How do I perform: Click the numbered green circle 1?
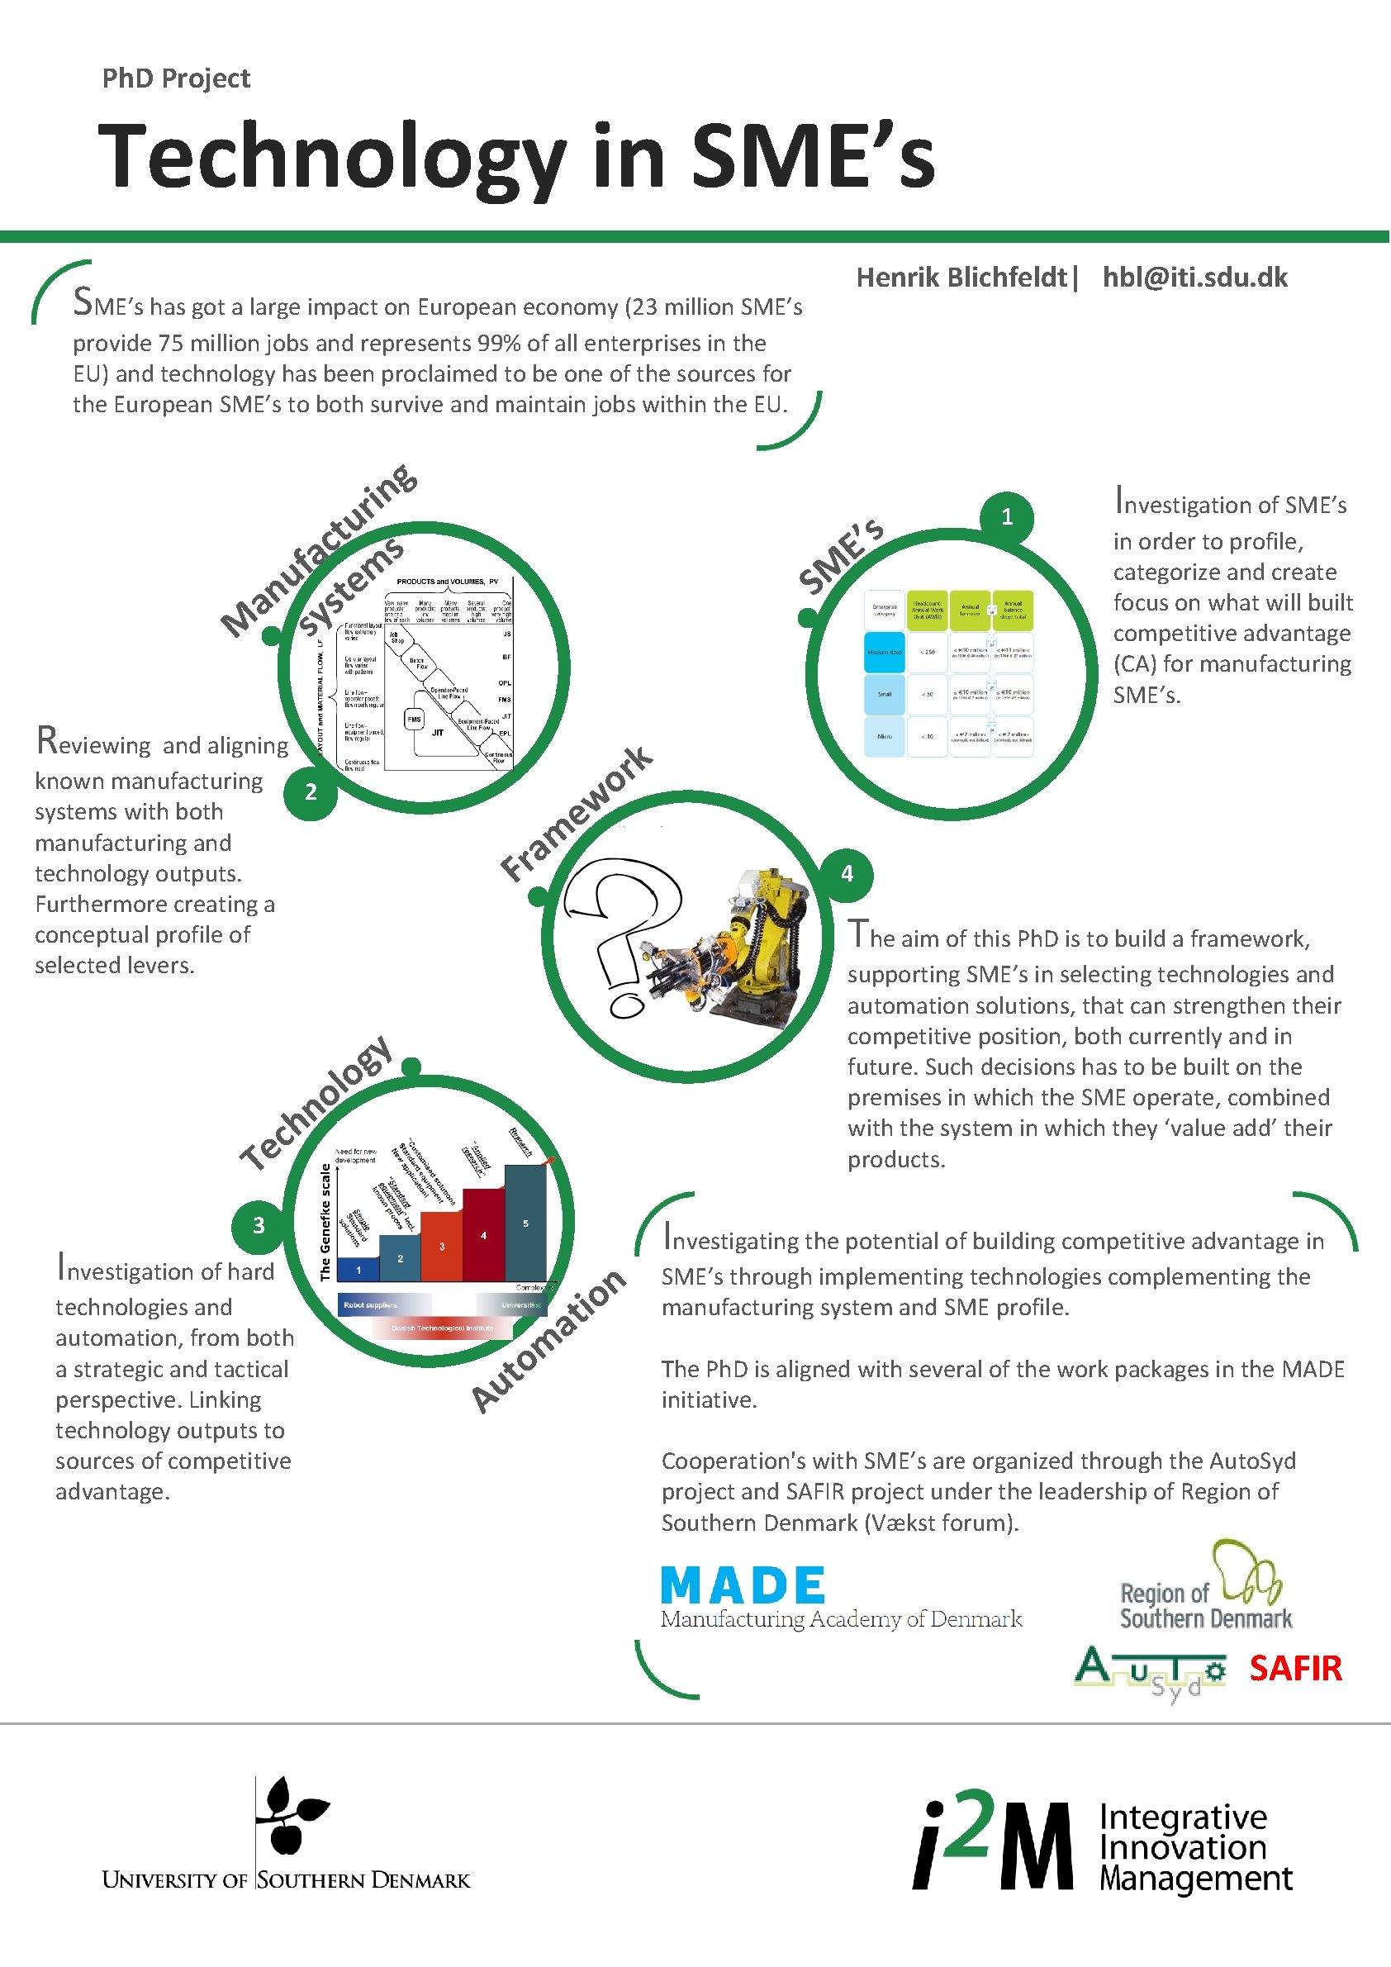pos(1006,516)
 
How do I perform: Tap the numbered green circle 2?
pos(310,792)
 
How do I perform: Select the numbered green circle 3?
pos(258,1225)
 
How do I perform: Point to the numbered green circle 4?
pos(847,874)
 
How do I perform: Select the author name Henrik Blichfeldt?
pos(961,278)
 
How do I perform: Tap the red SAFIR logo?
pos(1295,1668)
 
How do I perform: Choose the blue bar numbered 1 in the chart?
pos(358,1269)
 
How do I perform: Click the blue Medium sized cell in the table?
pos(884,652)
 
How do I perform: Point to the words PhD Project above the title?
pos(176,78)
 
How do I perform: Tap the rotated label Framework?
pos(576,813)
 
